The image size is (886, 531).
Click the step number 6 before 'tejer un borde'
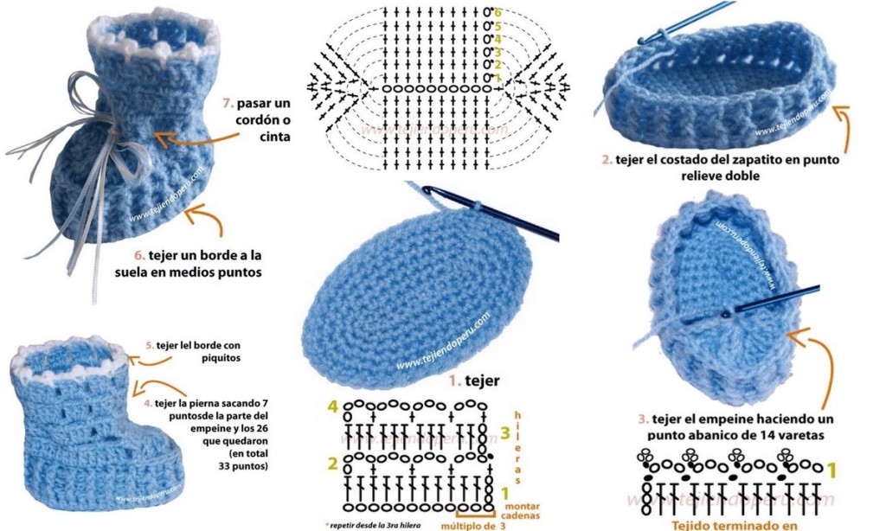click(137, 255)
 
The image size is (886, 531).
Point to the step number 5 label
click(150, 345)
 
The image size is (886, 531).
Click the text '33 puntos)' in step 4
click(245, 466)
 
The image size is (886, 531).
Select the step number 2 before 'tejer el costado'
click(607, 160)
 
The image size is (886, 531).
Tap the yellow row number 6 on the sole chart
click(498, 11)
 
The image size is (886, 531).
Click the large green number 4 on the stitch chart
click(332, 406)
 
